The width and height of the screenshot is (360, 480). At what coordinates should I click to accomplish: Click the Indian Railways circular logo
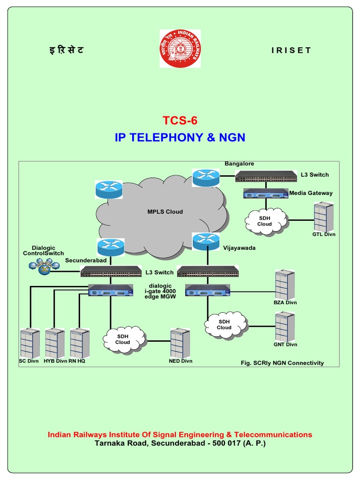tap(180, 49)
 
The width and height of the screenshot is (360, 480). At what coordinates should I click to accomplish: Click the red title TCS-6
tap(180, 120)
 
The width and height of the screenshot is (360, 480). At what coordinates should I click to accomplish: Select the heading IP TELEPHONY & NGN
tap(180, 137)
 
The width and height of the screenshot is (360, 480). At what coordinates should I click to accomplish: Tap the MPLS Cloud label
tap(165, 212)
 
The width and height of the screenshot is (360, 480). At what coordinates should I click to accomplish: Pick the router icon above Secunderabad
tap(111, 247)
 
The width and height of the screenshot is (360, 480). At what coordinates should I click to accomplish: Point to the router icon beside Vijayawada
tap(205, 241)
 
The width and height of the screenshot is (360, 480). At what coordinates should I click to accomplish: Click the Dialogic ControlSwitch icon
tap(44, 267)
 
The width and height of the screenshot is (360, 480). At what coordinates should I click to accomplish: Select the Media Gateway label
tap(311, 193)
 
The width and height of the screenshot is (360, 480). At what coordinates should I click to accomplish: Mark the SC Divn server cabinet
tap(29, 343)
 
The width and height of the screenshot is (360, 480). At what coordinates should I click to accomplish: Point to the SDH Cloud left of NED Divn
tap(123, 339)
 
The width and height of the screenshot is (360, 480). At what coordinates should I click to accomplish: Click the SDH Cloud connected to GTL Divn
tap(264, 221)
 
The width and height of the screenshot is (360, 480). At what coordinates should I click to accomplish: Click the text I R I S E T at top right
tap(291, 51)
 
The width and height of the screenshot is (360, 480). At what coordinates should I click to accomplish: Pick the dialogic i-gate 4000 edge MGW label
tap(160, 291)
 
